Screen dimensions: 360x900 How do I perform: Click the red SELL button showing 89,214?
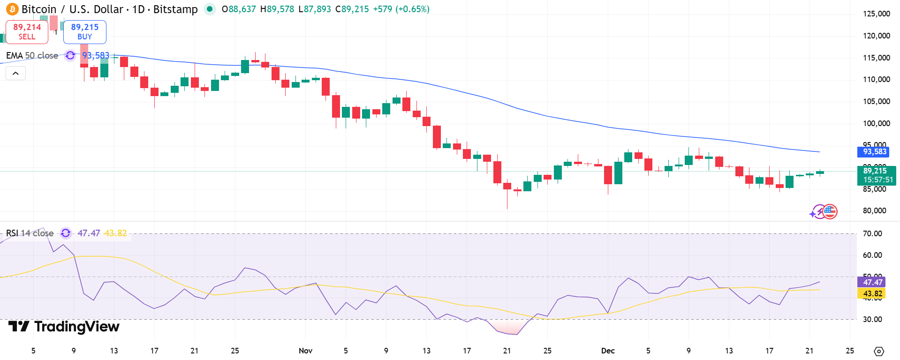(x=27, y=32)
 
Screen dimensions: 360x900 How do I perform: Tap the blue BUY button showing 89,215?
(x=85, y=32)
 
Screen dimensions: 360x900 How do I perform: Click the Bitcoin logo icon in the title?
(x=12, y=9)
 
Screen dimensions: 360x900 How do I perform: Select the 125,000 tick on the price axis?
(x=876, y=14)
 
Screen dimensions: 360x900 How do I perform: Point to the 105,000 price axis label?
(x=876, y=101)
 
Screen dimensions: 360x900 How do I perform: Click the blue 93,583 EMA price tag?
(x=875, y=152)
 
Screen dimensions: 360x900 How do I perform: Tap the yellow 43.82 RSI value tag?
(x=872, y=293)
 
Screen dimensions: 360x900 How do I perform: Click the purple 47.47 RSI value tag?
(x=872, y=282)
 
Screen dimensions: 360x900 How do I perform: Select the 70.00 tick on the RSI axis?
(x=872, y=233)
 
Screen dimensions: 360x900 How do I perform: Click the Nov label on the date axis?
(x=305, y=351)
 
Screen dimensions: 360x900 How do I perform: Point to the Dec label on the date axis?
(x=608, y=351)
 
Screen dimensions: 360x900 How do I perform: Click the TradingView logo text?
(x=64, y=326)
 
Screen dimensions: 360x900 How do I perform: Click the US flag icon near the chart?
(x=830, y=212)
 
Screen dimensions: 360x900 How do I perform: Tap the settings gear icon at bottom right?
(x=879, y=351)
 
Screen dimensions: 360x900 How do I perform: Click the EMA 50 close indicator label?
(x=32, y=56)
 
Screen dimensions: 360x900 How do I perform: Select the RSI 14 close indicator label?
(x=30, y=233)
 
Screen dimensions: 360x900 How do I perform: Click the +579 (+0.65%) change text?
(x=401, y=9)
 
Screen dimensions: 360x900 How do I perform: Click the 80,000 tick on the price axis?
(x=874, y=210)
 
